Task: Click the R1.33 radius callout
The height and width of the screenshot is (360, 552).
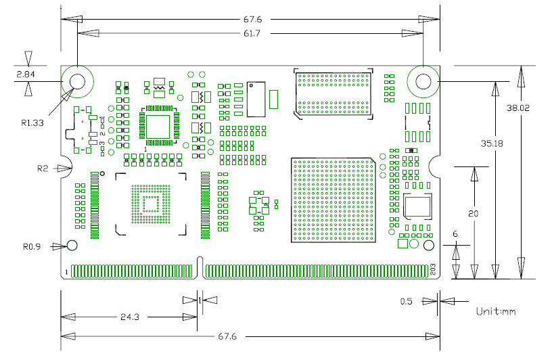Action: point(32,123)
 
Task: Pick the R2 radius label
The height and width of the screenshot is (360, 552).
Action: point(43,167)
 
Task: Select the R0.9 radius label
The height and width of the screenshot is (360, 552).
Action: point(32,246)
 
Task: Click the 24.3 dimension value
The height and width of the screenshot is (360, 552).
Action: point(130,317)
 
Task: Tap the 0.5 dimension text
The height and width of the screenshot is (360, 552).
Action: point(407,301)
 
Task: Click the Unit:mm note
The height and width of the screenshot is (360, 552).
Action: point(496,312)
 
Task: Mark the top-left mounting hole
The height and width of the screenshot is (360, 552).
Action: point(77,82)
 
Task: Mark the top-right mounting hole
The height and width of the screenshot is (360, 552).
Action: point(423,82)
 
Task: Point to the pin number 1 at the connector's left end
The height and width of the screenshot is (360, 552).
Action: point(66,271)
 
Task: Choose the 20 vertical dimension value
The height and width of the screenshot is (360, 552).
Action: point(474,213)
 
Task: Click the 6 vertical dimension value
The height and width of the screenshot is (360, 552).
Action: point(455,234)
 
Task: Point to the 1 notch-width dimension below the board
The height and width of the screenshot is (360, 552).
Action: point(200,298)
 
